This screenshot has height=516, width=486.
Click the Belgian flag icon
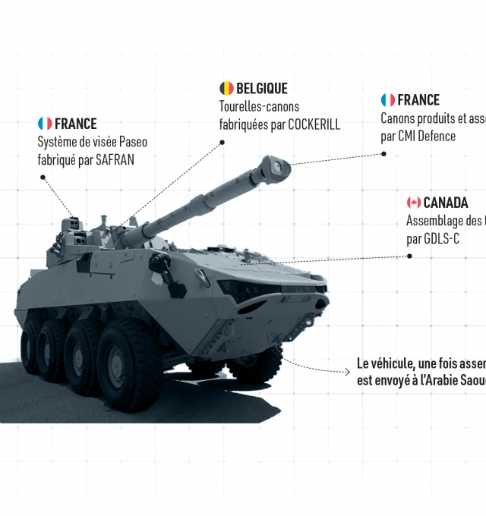226,89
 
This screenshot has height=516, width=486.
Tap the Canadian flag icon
414,203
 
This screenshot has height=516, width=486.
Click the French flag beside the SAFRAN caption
45,123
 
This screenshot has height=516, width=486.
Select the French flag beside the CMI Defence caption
387,100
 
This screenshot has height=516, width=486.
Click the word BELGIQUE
262,89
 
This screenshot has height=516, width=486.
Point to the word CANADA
446,203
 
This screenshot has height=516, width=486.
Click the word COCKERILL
314,125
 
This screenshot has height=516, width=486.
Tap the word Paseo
134,142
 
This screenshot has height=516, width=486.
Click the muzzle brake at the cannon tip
274,168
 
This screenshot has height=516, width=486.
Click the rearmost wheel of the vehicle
30,345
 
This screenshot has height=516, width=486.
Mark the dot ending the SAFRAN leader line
43,177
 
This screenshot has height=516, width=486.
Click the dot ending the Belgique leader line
223,141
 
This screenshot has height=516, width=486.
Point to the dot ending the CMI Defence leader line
383,153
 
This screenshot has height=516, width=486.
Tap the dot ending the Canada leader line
409,256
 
